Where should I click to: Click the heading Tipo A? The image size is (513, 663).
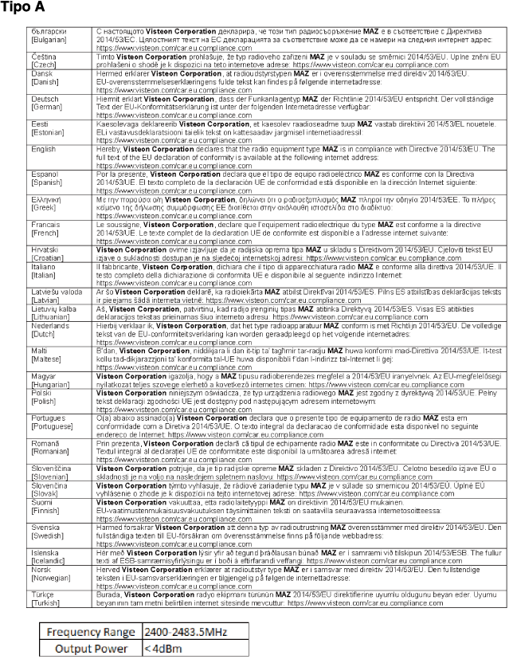(x=22, y=8)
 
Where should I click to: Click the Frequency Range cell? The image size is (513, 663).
(x=90, y=632)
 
